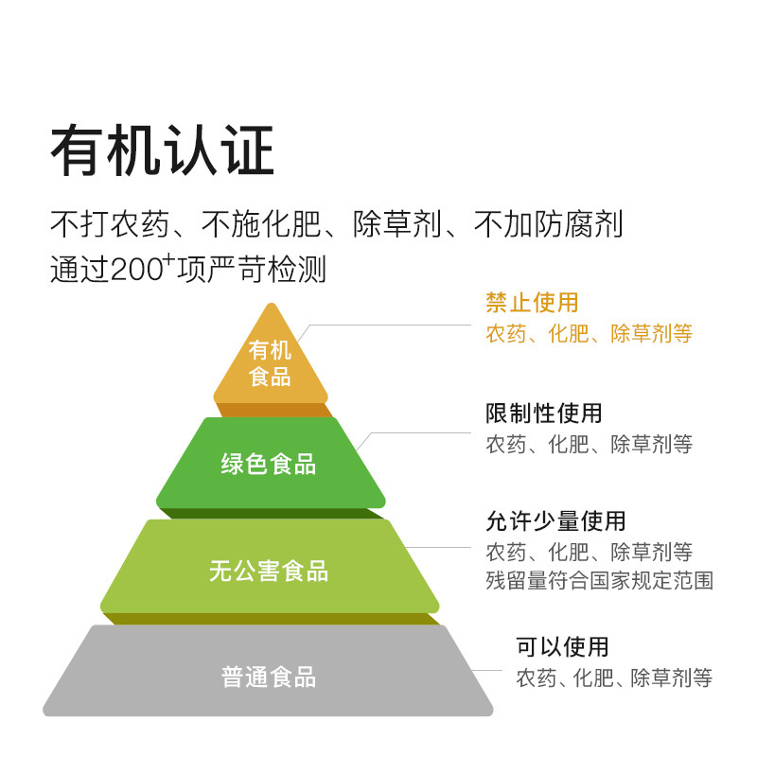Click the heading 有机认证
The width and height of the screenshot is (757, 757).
(162, 151)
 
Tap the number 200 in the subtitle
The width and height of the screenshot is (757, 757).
(137, 270)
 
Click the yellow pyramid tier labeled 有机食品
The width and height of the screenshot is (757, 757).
(270, 363)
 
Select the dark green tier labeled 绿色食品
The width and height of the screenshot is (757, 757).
(270, 464)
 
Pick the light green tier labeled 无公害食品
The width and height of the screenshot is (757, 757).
(270, 571)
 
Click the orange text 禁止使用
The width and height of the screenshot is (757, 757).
(531, 303)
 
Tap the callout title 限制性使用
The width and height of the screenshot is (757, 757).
(543, 414)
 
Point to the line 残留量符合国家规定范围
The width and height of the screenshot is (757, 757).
(599, 580)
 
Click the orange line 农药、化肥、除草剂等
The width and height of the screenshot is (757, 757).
(589, 333)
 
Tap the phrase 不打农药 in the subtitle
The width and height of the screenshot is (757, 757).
(109, 225)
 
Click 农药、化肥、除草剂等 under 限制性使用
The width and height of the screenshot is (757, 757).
(589, 443)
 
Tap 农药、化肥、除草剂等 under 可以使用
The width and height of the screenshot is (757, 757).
(613, 678)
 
